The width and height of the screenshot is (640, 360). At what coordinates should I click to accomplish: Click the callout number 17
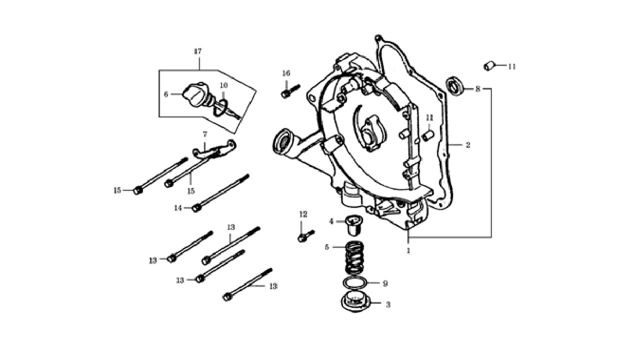click(197, 51)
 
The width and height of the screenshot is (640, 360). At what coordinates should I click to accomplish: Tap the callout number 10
click(223, 85)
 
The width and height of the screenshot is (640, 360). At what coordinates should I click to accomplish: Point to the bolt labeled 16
click(290, 90)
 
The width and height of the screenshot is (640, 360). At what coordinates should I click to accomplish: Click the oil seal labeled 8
click(454, 85)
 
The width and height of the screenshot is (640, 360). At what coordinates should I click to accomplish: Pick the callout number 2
click(467, 145)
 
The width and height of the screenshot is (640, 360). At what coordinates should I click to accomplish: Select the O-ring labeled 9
click(355, 283)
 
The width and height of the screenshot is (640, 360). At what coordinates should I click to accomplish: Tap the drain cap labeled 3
click(355, 303)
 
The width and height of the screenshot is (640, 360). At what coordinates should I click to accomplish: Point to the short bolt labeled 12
click(305, 236)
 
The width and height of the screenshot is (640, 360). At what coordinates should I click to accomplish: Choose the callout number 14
click(178, 208)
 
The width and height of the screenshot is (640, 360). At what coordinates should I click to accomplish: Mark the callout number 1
click(408, 250)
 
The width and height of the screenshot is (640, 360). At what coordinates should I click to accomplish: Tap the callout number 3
click(387, 305)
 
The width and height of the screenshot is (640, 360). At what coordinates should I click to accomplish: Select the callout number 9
click(385, 283)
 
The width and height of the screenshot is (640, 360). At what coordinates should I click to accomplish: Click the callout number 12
click(303, 214)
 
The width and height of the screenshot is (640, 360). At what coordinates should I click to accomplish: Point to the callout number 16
click(286, 73)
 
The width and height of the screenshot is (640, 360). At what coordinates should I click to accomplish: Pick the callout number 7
click(205, 134)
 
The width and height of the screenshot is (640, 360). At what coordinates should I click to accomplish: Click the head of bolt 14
click(195, 208)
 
